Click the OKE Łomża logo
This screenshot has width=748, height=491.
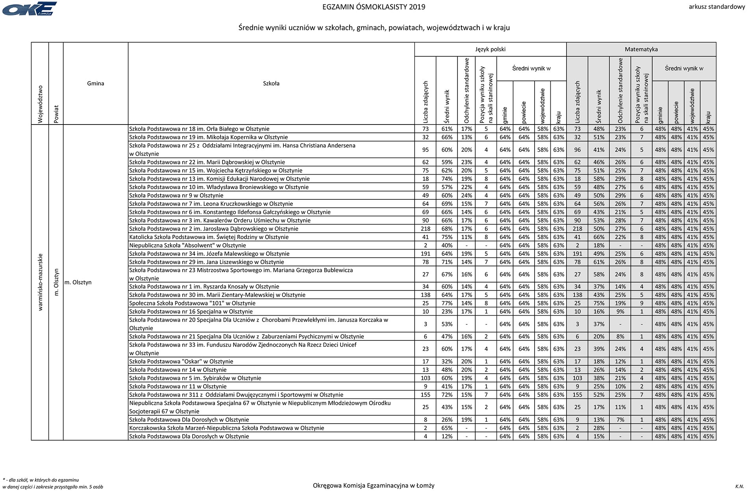pyautogui.click(x=30, y=9)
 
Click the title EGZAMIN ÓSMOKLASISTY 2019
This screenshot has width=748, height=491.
pyautogui.click(x=374, y=7)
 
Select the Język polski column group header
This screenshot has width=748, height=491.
pyautogui.click(x=490, y=49)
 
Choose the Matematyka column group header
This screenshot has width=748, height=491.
pyautogui.click(x=641, y=49)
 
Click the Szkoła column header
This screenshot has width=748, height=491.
pyautogui.click(x=271, y=83)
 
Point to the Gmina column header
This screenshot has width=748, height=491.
pyautogui.click(x=96, y=83)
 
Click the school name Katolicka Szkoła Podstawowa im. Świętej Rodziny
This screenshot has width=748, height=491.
pyautogui.click(x=209, y=237)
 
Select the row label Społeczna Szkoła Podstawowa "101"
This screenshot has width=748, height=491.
pyautogui.click(x=192, y=303)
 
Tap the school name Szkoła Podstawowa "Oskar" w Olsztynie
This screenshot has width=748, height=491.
pyautogui.click(x=181, y=361)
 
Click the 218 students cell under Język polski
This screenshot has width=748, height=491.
pyautogui.click(x=425, y=229)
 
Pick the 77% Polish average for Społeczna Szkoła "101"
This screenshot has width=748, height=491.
pyautogui.click(x=447, y=303)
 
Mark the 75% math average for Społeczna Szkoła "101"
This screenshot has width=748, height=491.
pyautogui.click(x=599, y=303)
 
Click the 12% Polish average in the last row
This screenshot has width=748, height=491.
pyautogui.click(x=447, y=436)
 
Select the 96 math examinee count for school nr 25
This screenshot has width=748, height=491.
pyautogui.click(x=577, y=150)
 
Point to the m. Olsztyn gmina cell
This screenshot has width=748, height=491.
pyautogui.click(x=78, y=282)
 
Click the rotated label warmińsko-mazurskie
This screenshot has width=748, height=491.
pyautogui.click(x=40, y=282)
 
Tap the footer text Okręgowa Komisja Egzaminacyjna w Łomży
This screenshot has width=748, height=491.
pyautogui.click(x=374, y=485)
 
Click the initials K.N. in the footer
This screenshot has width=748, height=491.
pyautogui.click(x=739, y=487)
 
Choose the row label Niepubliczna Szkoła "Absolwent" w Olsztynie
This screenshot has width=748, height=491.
pyautogui.click(x=187, y=245)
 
